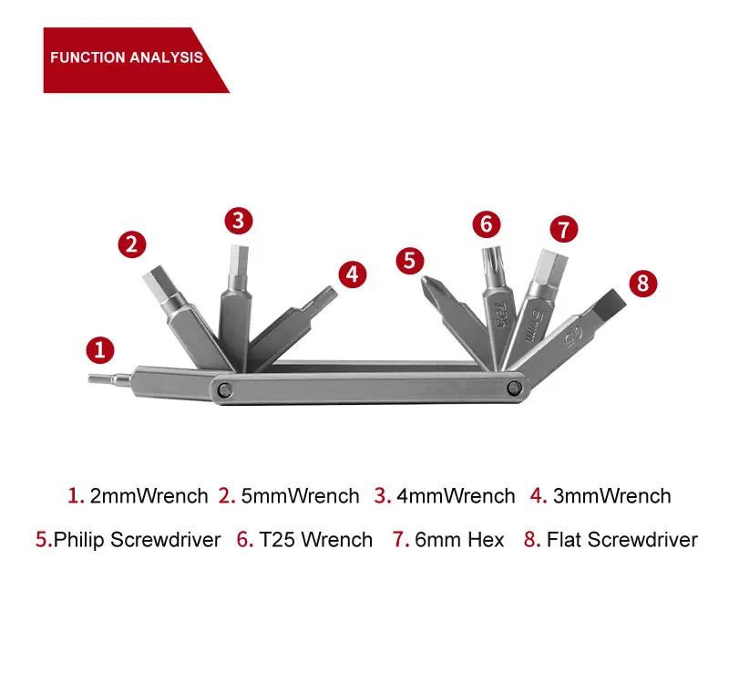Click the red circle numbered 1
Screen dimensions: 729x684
click(101, 349)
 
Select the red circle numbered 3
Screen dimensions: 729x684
click(239, 220)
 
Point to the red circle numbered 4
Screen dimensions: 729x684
click(353, 274)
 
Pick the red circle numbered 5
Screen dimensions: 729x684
click(410, 260)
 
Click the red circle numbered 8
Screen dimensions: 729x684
click(642, 282)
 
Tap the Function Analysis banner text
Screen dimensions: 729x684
click(126, 57)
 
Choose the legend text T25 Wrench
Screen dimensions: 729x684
click(315, 540)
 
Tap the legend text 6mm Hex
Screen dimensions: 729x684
click(459, 540)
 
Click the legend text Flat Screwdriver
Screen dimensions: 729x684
click(621, 540)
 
